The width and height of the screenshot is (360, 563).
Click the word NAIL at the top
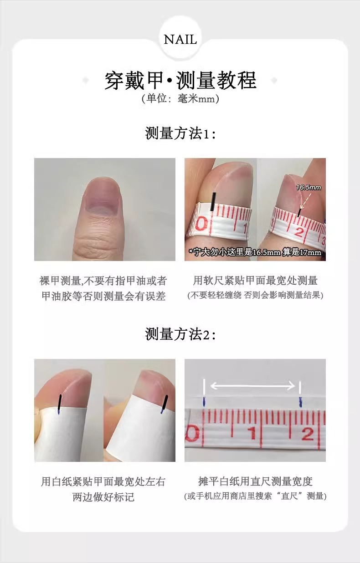click(x=180, y=40)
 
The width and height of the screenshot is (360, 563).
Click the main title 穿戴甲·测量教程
click(x=180, y=80)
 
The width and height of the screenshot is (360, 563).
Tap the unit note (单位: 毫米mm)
click(x=180, y=98)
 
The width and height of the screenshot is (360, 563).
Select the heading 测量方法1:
click(x=180, y=133)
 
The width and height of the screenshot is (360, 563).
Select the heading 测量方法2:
click(x=180, y=334)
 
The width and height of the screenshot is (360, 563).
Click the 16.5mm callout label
click(x=309, y=188)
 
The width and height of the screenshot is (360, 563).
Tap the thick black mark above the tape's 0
click(x=213, y=201)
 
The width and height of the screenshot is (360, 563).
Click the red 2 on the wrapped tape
click(x=299, y=232)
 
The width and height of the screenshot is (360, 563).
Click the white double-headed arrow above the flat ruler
click(x=252, y=386)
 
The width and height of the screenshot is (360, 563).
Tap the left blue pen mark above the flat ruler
click(x=204, y=402)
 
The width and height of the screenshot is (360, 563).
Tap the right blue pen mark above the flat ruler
click(x=300, y=402)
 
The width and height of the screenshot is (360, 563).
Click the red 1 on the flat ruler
click(x=252, y=433)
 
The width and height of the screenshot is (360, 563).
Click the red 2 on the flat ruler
click(x=308, y=433)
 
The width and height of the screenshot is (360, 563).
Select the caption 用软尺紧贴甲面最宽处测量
click(x=255, y=281)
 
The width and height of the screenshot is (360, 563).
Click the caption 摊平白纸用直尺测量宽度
click(x=255, y=481)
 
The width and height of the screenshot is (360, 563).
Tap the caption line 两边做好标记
click(x=103, y=497)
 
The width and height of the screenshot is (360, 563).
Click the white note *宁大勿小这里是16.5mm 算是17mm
click(x=255, y=252)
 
